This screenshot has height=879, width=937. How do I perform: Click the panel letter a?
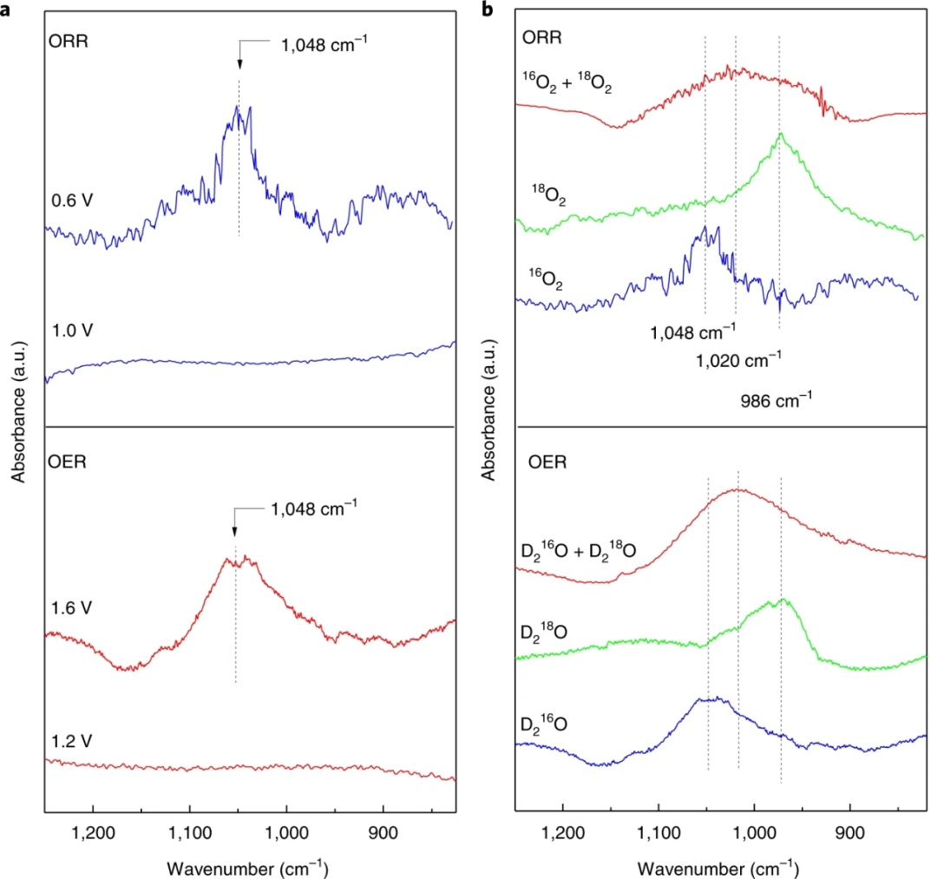[x=5, y=9]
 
